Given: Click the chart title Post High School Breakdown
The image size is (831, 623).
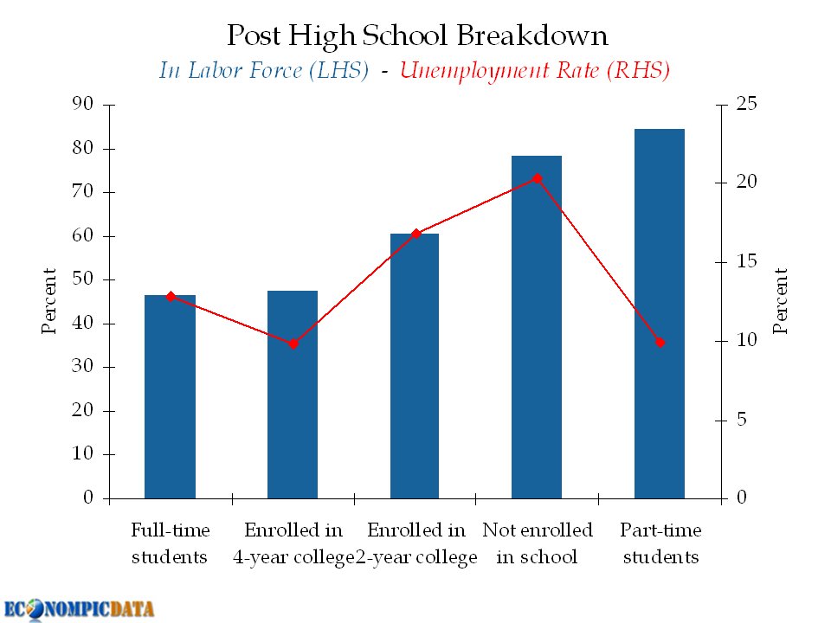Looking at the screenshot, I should pyautogui.click(x=416, y=35).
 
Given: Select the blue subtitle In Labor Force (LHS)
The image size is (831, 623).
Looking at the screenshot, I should pyautogui.click(x=264, y=71).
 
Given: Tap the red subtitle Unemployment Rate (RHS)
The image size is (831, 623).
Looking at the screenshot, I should pyautogui.click(x=535, y=71).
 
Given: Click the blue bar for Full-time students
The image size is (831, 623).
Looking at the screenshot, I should pyautogui.click(x=171, y=398).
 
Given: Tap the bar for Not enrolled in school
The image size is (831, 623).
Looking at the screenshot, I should pyautogui.click(x=537, y=329).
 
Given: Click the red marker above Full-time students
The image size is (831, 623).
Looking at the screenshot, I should pyautogui.click(x=171, y=297).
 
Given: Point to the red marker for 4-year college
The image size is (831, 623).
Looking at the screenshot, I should pyautogui.click(x=293, y=344).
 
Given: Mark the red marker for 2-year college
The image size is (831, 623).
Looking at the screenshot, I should pyautogui.click(x=415, y=234).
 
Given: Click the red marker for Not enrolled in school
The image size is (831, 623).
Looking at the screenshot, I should pyautogui.click(x=537, y=179).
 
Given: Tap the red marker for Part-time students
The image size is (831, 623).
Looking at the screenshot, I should pyautogui.click(x=660, y=343).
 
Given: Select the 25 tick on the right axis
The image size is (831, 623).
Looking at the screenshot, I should pyautogui.click(x=746, y=105).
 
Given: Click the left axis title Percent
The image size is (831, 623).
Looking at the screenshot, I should pyautogui.click(x=49, y=301).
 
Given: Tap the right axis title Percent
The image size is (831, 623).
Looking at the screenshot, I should pyautogui.click(x=781, y=301).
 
